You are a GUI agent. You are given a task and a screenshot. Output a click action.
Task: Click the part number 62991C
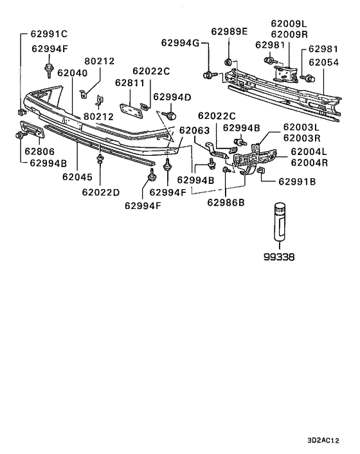pos(49,33)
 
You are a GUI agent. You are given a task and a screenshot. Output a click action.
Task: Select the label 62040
pos(72,73)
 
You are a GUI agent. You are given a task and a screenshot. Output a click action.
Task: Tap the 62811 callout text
pos(130,83)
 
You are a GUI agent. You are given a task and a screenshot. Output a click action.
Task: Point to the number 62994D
pos(172,97)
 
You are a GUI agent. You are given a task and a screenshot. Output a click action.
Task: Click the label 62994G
pos(180,43)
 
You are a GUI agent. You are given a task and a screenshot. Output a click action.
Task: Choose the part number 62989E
pos(230,30)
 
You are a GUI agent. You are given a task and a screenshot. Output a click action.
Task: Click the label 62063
pos(194,131)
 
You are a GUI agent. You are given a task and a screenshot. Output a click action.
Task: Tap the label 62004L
pos(309,152)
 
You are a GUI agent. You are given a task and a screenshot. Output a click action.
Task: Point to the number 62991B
pos(296,182)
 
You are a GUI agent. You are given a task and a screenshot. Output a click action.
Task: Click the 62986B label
pos(226,203)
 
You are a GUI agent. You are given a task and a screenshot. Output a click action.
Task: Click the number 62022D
pos(101,192)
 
